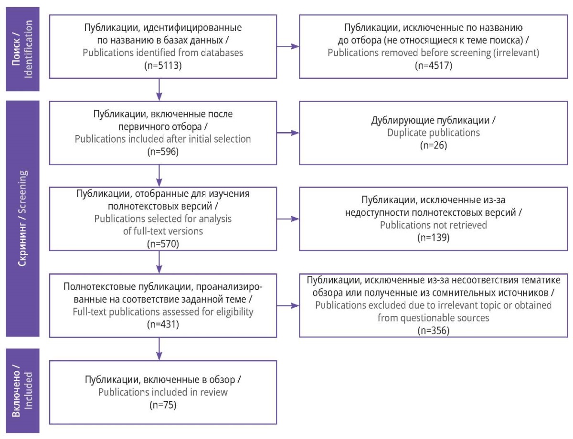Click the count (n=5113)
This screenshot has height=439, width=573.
pyautogui.click(x=163, y=65)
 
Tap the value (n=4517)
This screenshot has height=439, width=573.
pyautogui.click(x=433, y=65)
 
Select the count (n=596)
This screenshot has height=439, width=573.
pyautogui.click(x=163, y=152)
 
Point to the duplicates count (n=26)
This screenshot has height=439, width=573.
pyautogui.click(x=434, y=145)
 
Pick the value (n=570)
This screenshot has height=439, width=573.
pyautogui.click(x=163, y=244)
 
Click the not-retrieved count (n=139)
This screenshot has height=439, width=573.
pyautogui.click(x=433, y=238)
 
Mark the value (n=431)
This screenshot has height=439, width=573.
pyautogui.click(x=163, y=324)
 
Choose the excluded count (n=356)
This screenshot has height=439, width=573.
pyautogui.click(x=433, y=330)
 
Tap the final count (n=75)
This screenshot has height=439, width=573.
pyautogui.click(x=163, y=405)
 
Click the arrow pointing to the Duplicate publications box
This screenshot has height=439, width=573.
pyautogui.click(x=287, y=133)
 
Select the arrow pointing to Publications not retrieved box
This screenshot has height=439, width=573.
pyautogui.click(x=287, y=219)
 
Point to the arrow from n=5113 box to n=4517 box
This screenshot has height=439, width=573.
pyautogui.click(x=287, y=46)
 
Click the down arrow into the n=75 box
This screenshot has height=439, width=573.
pyautogui.click(x=159, y=349)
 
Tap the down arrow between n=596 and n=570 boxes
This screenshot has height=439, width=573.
pyautogui.click(x=159, y=176)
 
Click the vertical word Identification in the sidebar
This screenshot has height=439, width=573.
pyautogui.click(x=28, y=49)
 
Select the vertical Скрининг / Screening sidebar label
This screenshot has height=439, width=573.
pyautogui.click(x=22, y=219)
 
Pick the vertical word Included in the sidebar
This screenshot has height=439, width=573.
pyautogui.click(x=28, y=390)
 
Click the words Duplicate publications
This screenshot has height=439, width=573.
pyautogui.click(x=433, y=133)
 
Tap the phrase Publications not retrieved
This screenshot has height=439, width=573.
pyautogui.click(x=433, y=225)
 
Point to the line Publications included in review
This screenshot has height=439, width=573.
pyautogui.click(x=163, y=392)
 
